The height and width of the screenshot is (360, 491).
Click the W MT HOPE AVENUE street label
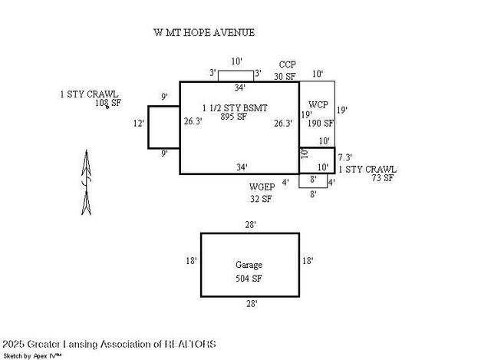(x=204, y=33)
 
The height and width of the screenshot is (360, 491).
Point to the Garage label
(x=249, y=265)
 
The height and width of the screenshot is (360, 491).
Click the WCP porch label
(x=319, y=104)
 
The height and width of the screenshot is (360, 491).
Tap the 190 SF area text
(x=321, y=123)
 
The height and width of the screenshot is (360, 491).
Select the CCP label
(x=288, y=64)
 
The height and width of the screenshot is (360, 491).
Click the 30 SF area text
(x=285, y=76)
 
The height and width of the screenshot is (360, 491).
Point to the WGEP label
(x=261, y=186)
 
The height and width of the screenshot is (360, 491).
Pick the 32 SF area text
(x=261, y=199)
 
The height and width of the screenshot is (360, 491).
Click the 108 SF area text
(x=108, y=102)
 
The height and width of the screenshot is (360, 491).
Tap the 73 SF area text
(x=383, y=177)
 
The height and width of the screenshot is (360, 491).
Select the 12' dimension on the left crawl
(x=139, y=123)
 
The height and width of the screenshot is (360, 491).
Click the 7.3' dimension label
(x=345, y=157)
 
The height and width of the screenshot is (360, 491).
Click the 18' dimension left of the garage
(x=191, y=261)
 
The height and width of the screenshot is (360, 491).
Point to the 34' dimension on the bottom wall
(x=241, y=167)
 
